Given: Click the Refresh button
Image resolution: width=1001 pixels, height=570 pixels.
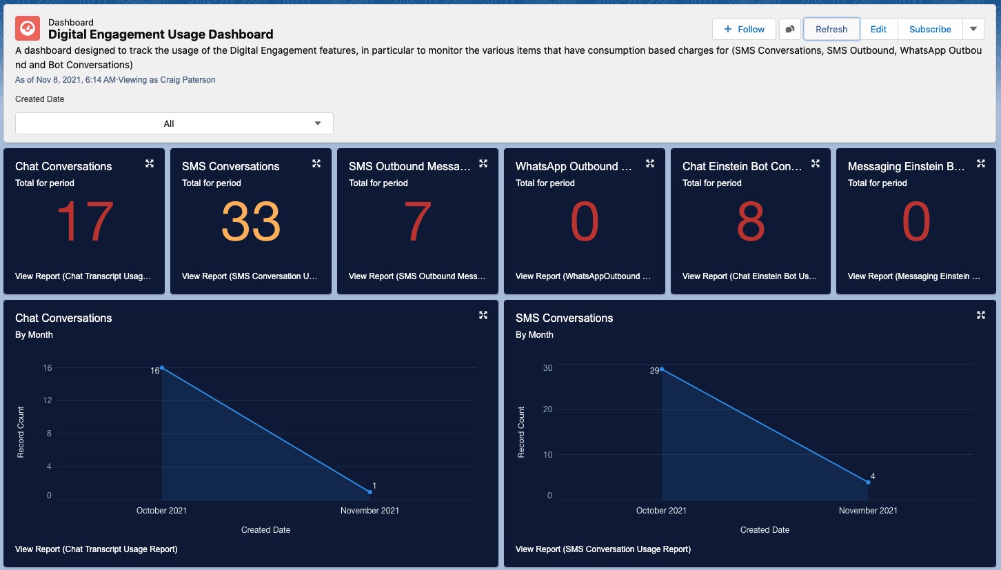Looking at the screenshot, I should click(x=831, y=29).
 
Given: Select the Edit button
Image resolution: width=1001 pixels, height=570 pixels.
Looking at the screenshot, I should click(x=878, y=29).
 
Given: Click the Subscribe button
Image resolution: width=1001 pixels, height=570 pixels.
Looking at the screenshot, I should click(x=930, y=29).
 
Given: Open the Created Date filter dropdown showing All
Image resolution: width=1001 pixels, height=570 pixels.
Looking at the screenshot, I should click(x=174, y=123).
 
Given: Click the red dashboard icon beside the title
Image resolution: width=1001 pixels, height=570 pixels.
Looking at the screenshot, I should click(x=28, y=28).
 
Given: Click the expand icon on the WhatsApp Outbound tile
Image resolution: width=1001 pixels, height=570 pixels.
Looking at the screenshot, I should click(x=649, y=163).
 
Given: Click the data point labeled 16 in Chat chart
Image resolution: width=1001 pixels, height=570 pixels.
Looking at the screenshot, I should click(x=161, y=367).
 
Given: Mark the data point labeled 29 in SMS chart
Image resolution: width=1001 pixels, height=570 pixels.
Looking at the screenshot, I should click(x=662, y=369).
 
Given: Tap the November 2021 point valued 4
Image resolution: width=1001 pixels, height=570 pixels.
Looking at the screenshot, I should click(x=868, y=482).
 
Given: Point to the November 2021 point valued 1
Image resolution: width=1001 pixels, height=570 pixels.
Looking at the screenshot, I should click(x=370, y=491).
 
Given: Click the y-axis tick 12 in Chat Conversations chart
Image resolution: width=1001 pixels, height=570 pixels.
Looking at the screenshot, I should click(x=48, y=400).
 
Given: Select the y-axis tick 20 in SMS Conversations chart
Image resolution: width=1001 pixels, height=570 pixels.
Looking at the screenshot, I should click(x=547, y=409).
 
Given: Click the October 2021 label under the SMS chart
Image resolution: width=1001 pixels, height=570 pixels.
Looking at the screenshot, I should click(x=661, y=511).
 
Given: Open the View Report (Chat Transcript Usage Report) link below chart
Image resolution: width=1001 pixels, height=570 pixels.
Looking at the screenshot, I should click(x=97, y=549).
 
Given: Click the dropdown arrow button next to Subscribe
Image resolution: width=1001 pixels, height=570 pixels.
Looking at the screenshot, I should click(x=973, y=29).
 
